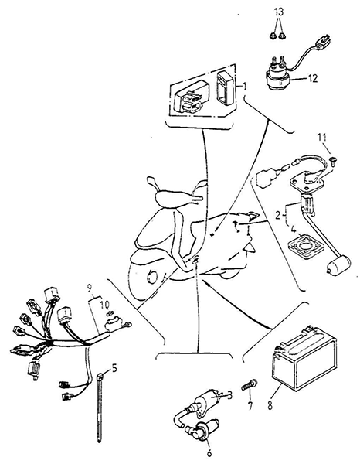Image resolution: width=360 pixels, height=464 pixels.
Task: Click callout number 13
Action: pos(279,12)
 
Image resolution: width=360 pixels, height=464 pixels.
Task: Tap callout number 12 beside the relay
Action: pos(312,78)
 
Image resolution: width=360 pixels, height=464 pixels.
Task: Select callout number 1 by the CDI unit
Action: pos(244,86)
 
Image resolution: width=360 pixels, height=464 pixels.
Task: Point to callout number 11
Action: pos(322,138)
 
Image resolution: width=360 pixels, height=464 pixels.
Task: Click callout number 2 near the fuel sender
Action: pos(277,215)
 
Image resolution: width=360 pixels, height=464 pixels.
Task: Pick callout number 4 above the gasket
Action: pos(293,230)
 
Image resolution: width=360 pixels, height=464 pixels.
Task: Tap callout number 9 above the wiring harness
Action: pos(90,287)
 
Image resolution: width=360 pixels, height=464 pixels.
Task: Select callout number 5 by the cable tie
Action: pos(114,368)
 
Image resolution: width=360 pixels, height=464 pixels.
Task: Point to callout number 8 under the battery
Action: pos(270,405)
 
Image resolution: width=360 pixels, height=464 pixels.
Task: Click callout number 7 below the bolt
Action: pos(250,406)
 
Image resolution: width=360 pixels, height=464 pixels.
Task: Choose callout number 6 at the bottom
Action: pos(209,453)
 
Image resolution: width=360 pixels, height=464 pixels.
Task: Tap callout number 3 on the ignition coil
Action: pos(229,394)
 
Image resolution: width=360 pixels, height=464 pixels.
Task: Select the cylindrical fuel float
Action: pos(338,264)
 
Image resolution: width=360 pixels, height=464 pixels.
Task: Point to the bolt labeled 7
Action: pos(250,385)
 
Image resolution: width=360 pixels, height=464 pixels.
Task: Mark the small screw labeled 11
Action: pos(334,161)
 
